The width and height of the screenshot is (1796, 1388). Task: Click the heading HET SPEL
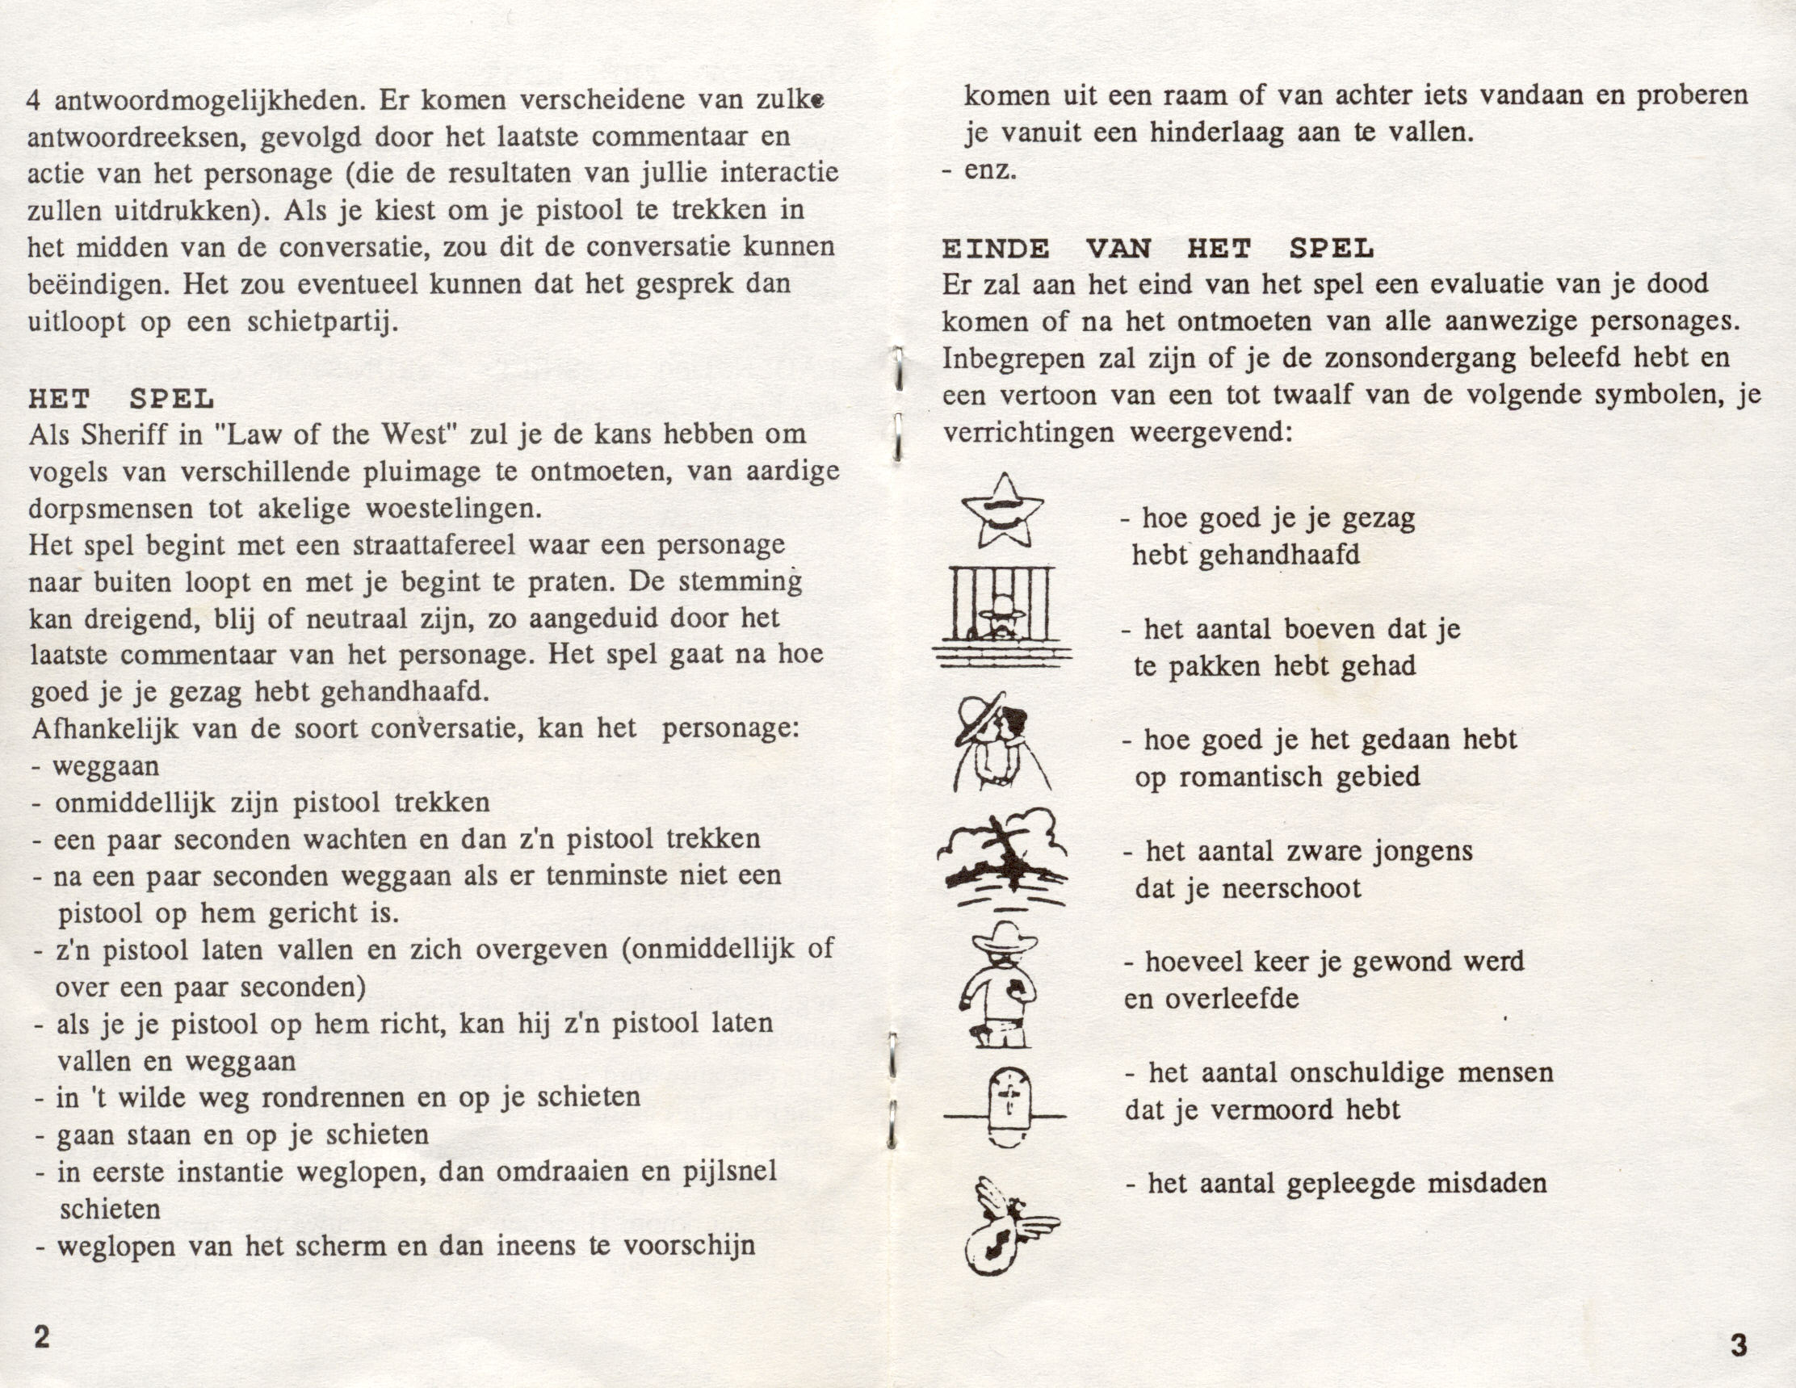[121, 400]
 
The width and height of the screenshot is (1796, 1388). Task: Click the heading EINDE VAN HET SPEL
[1157, 249]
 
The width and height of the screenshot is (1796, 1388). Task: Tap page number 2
[40, 1336]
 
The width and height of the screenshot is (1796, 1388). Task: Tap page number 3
[1738, 1345]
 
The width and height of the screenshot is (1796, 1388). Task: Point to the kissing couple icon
[1001, 742]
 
